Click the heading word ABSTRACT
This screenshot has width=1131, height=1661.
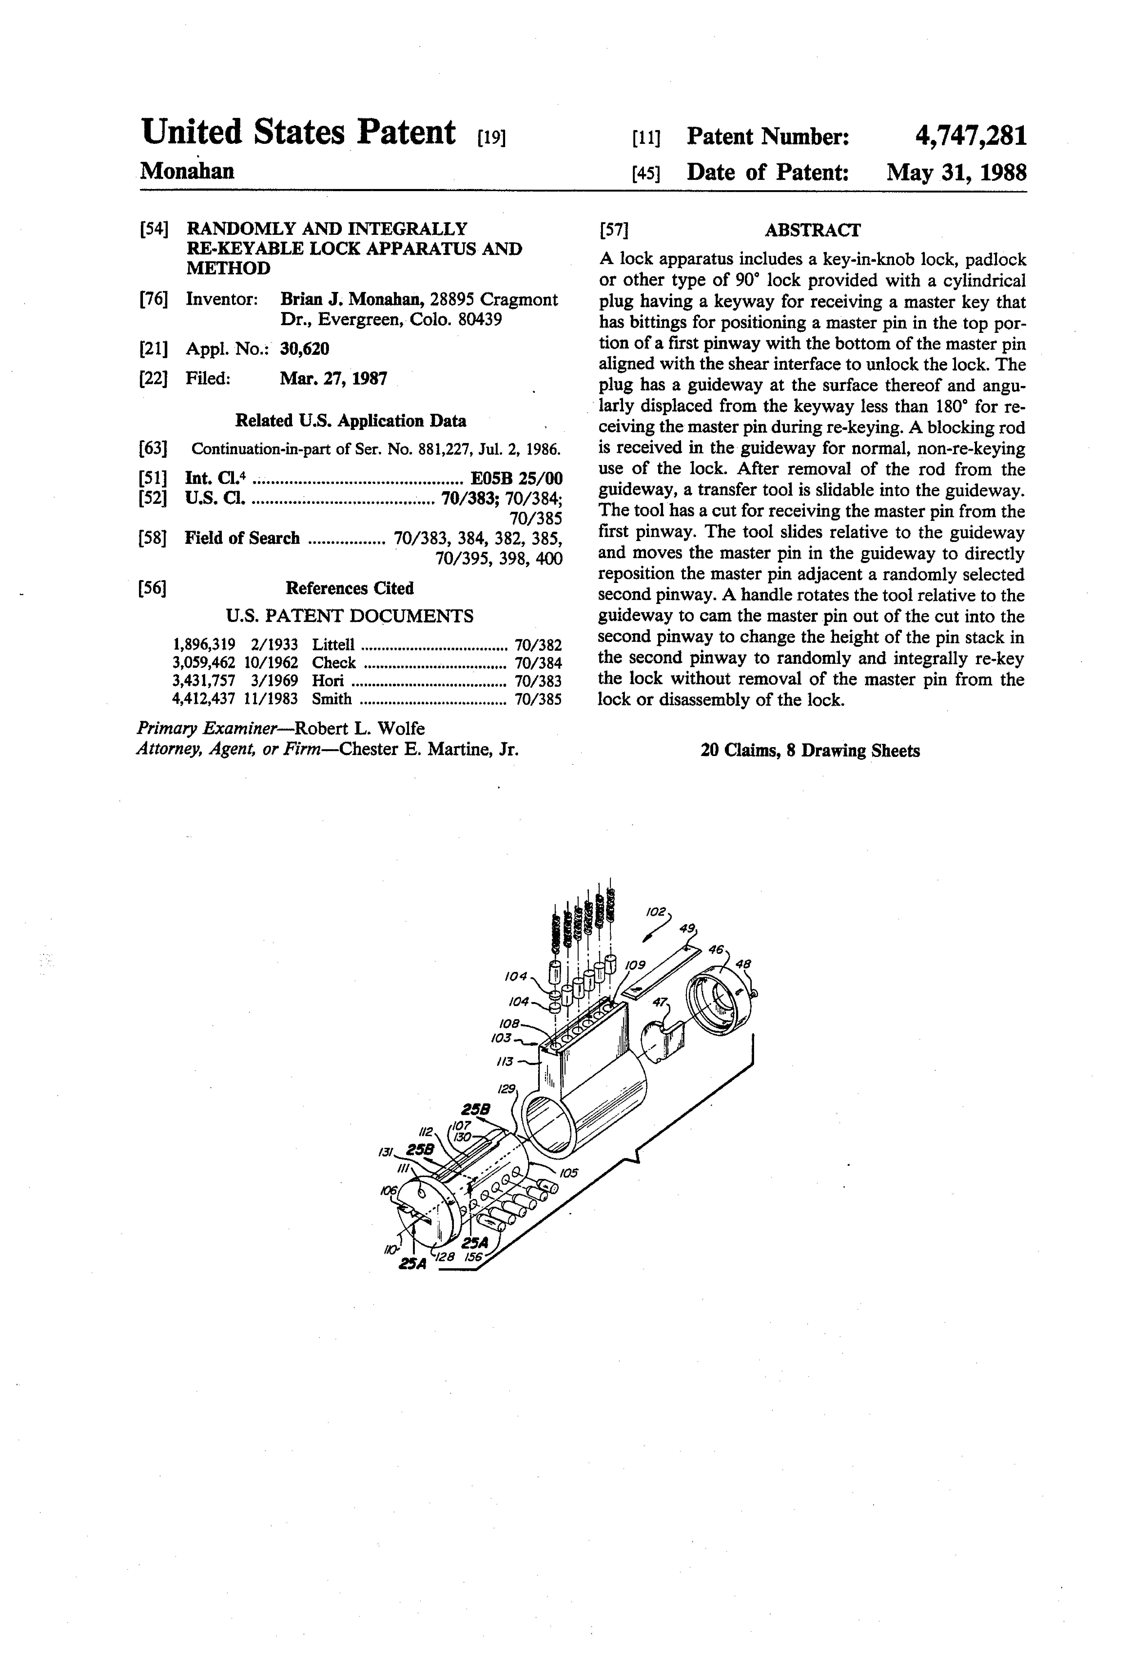tap(812, 230)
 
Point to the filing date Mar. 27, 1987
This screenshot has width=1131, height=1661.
tap(333, 378)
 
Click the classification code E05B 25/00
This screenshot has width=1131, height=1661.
tap(516, 478)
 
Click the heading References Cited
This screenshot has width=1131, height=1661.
tap(350, 588)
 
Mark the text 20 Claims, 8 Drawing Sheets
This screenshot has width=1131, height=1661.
tap(810, 750)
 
